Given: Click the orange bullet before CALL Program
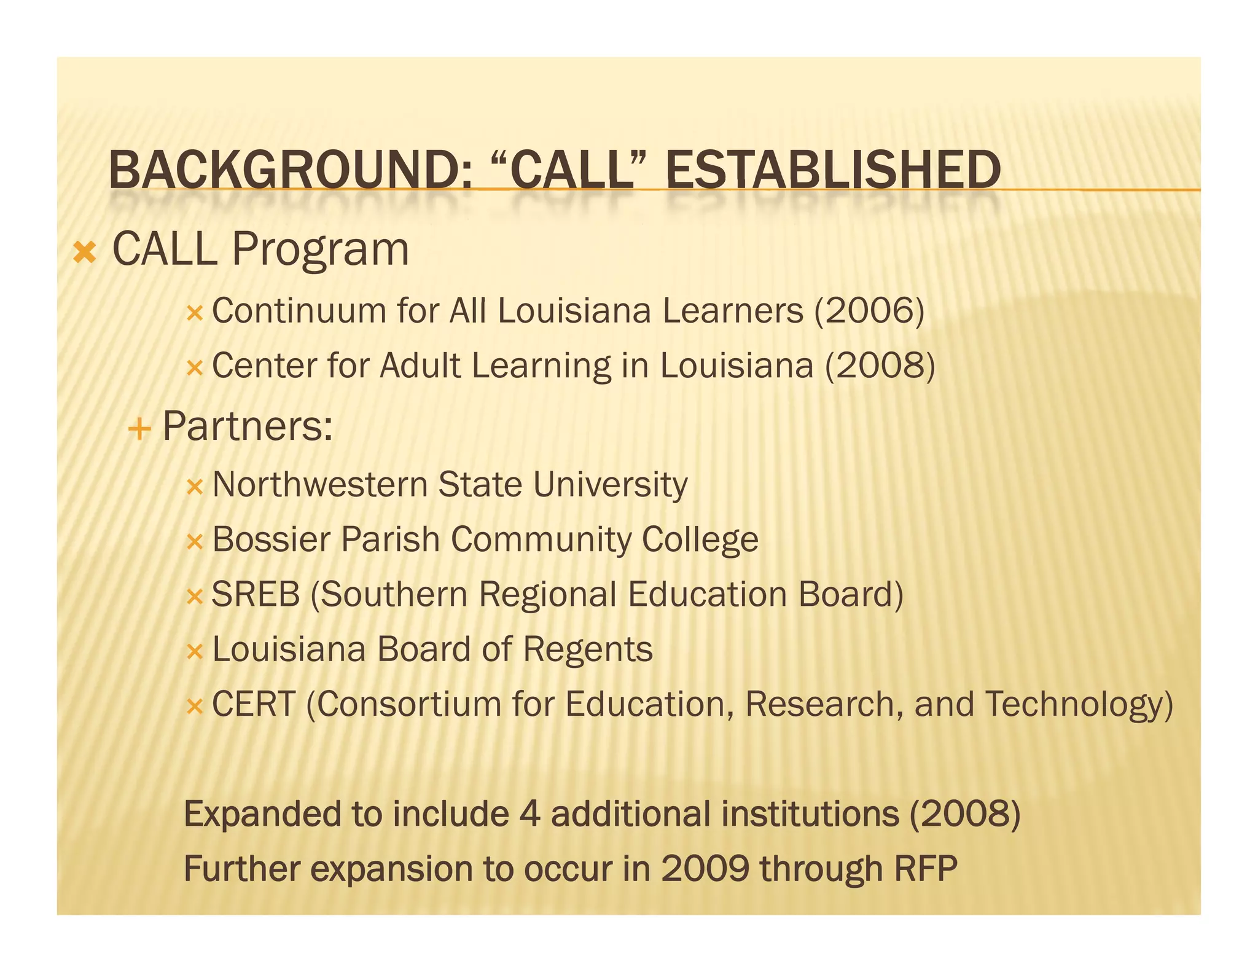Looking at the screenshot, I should [x=84, y=253].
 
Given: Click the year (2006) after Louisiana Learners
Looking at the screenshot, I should [x=869, y=311].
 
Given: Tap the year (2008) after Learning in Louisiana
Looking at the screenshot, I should [x=880, y=366].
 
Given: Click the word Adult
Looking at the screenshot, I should [x=420, y=366].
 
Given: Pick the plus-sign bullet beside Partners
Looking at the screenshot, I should [x=140, y=428].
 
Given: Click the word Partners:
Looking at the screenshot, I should [x=248, y=426].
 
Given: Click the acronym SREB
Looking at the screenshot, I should [x=256, y=595].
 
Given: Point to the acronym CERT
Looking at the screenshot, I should [x=254, y=704].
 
